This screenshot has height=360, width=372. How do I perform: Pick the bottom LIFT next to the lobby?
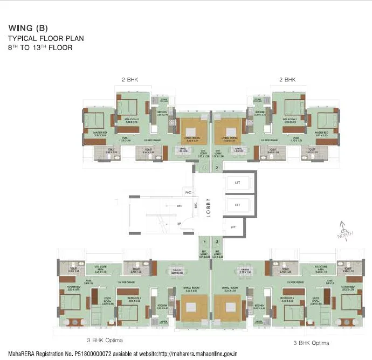233,227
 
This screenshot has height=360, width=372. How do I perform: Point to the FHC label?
189,192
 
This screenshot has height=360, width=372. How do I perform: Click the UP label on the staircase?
179,223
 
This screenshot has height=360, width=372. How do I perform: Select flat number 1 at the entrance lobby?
205,168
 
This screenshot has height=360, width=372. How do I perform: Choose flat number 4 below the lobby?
204,242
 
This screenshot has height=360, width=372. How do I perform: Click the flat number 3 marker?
217,242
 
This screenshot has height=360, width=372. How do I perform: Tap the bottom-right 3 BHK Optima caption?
311,343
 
